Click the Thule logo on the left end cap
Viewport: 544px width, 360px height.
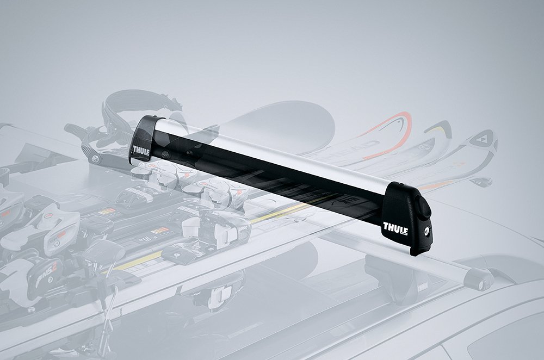(140, 149)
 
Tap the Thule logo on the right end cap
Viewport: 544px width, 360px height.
(395, 227)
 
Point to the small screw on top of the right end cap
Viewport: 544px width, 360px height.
(423, 207)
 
